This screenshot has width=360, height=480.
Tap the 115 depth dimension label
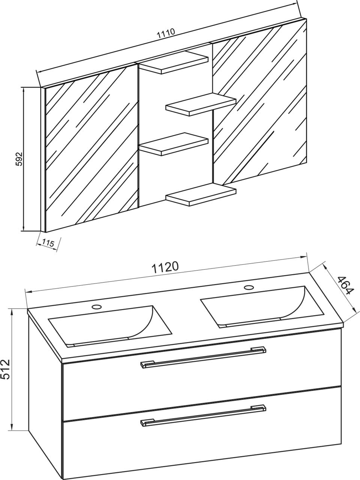point(48,243)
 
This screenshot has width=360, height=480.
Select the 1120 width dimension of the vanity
point(164,267)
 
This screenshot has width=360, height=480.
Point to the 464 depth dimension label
point(344,286)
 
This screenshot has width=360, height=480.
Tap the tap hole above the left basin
point(97,306)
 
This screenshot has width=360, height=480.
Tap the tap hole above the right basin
point(249,288)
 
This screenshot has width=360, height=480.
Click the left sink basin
point(109,324)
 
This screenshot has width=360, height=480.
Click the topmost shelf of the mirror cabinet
point(174,63)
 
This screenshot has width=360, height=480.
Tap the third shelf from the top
point(174,144)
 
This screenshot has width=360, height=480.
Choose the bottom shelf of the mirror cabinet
point(201,195)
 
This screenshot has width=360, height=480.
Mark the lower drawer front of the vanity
point(202,435)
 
